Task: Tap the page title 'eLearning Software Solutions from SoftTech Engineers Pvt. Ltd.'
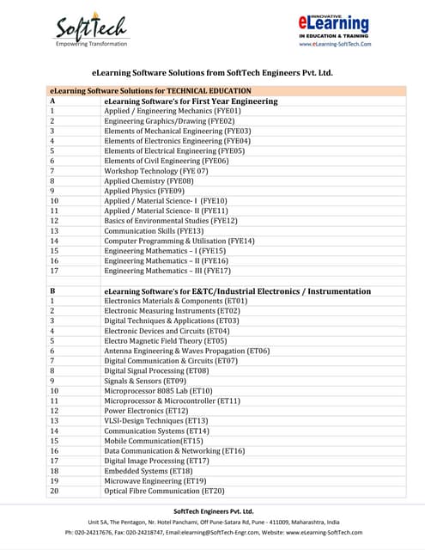tap(212, 73)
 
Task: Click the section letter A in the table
tap(53, 101)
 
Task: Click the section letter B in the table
tap(53, 291)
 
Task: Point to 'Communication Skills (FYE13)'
tap(154, 230)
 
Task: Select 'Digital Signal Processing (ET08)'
tap(156, 370)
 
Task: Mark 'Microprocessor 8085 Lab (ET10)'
tap(159, 390)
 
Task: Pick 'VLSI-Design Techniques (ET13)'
tap(156, 420)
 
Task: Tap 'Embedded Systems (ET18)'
tap(149, 470)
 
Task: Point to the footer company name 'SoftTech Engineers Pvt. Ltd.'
tap(213, 510)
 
